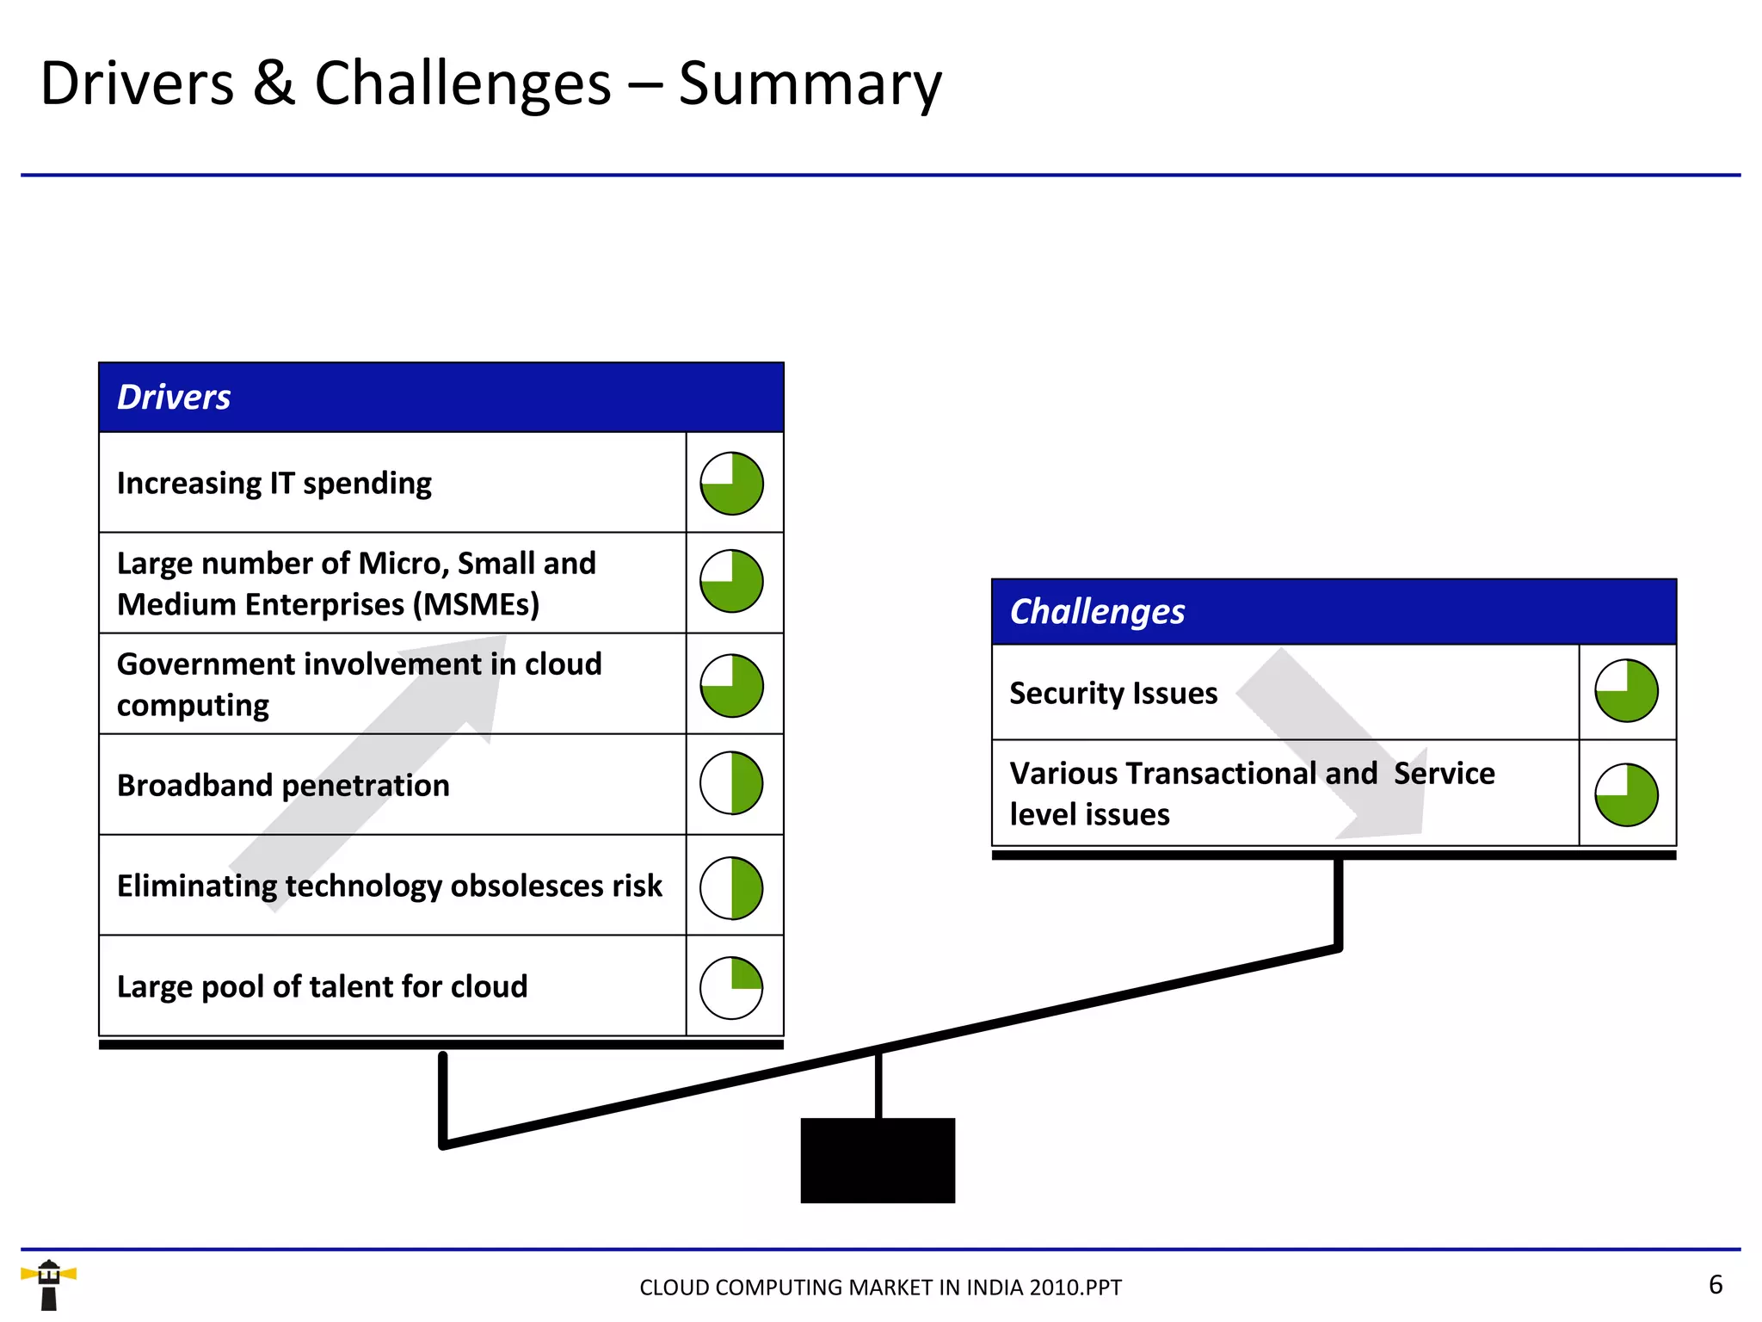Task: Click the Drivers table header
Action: [x=440, y=398]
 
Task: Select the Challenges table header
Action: [x=1334, y=612]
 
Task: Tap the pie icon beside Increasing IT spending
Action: [x=731, y=484]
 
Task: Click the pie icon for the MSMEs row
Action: [x=731, y=582]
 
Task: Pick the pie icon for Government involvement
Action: [x=731, y=686]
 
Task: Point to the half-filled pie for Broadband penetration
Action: [x=731, y=783]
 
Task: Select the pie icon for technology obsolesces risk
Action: [x=731, y=887]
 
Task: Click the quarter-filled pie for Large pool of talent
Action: [x=731, y=988]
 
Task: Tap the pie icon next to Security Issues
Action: [x=1626, y=691]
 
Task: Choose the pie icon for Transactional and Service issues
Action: [x=1626, y=795]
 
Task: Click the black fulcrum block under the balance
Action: [x=878, y=1160]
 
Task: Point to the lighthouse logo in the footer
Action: [x=49, y=1284]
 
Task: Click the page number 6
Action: [x=1716, y=1285]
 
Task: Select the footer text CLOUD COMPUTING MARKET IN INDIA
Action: [x=880, y=1288]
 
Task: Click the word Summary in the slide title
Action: [x=810, y=84]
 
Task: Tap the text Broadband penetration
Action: [x=283, y=786]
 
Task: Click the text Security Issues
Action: [x=1113, y=694]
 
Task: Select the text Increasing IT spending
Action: [x=274, y=484]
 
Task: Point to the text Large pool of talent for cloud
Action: [x=322, y=986]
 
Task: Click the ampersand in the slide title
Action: [x=274, y=84]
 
